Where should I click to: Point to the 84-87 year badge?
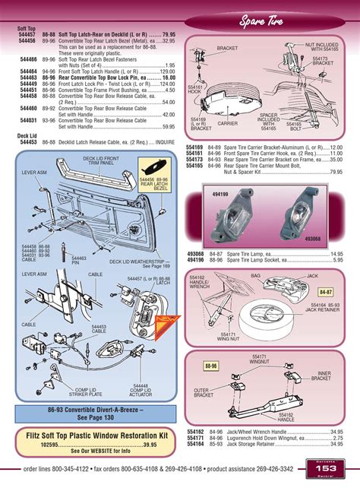326,291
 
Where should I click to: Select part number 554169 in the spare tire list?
195,146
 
